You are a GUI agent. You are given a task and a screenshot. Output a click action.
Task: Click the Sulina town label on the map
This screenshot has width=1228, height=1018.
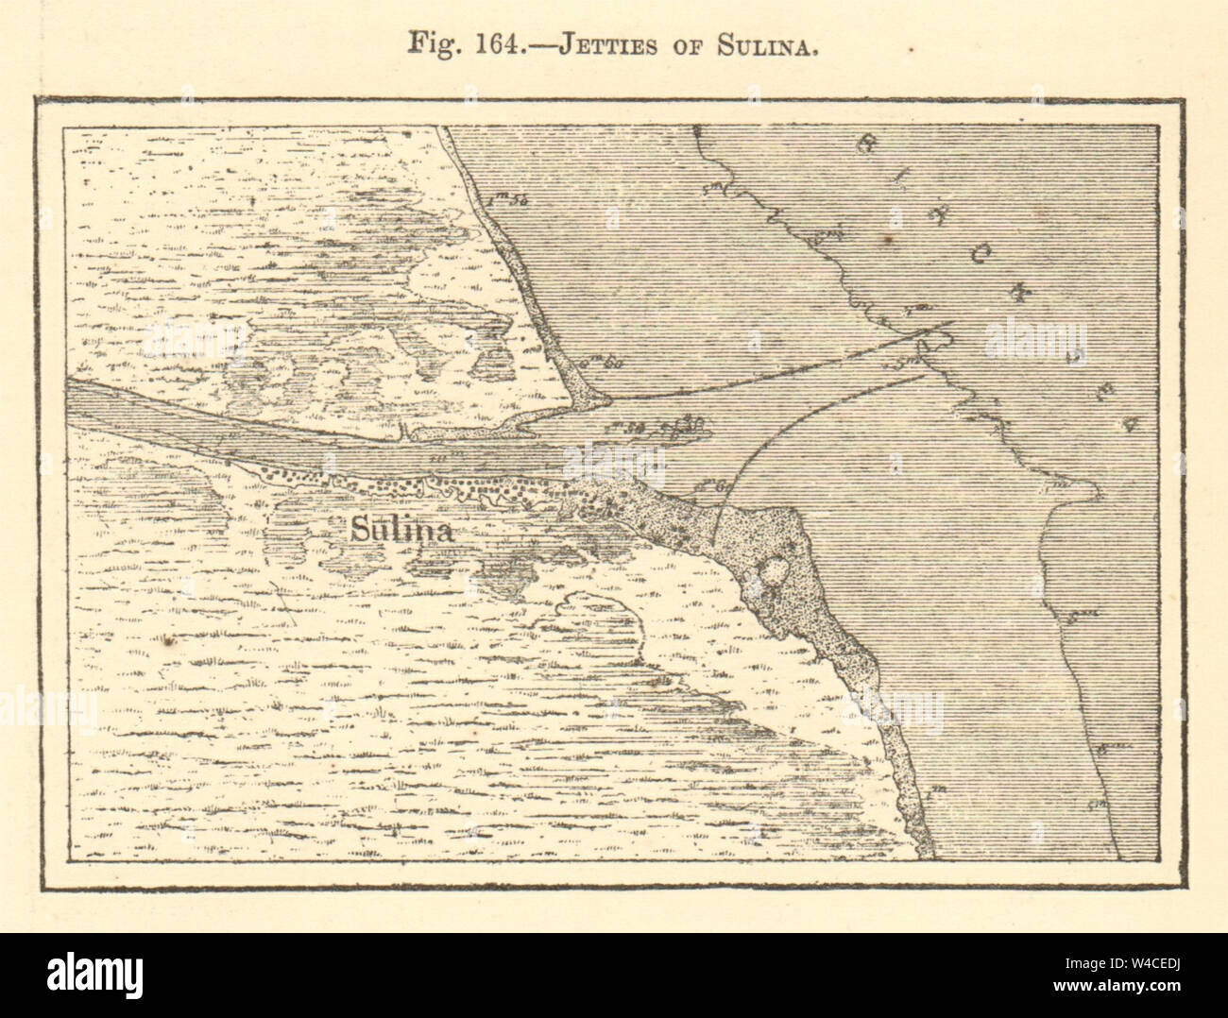[401, 531]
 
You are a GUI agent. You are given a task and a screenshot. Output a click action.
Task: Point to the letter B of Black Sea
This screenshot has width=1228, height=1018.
[867, 144]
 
